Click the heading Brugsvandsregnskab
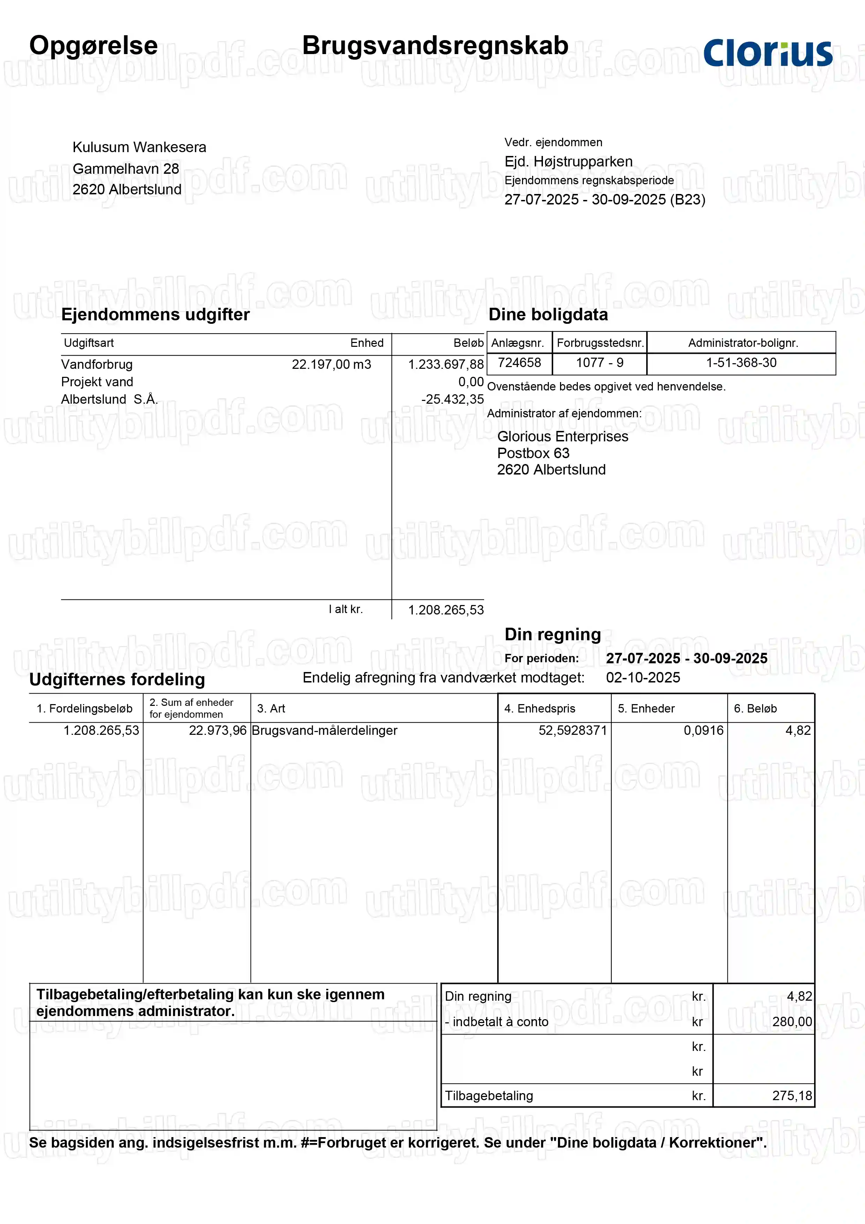tap(435, 45)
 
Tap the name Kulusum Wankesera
tap(139, 147)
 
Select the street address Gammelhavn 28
tap(126, 169)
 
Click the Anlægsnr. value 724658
tap(519, 363)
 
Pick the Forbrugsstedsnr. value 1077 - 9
tap(599, 363)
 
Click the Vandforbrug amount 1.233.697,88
tap(446, 364)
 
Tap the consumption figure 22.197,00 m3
tap(331, 364)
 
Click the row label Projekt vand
tap(97, 382)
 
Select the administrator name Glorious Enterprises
tap(562, 436)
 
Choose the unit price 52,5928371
tap(572, 730)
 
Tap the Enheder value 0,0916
tap(703, 730)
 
